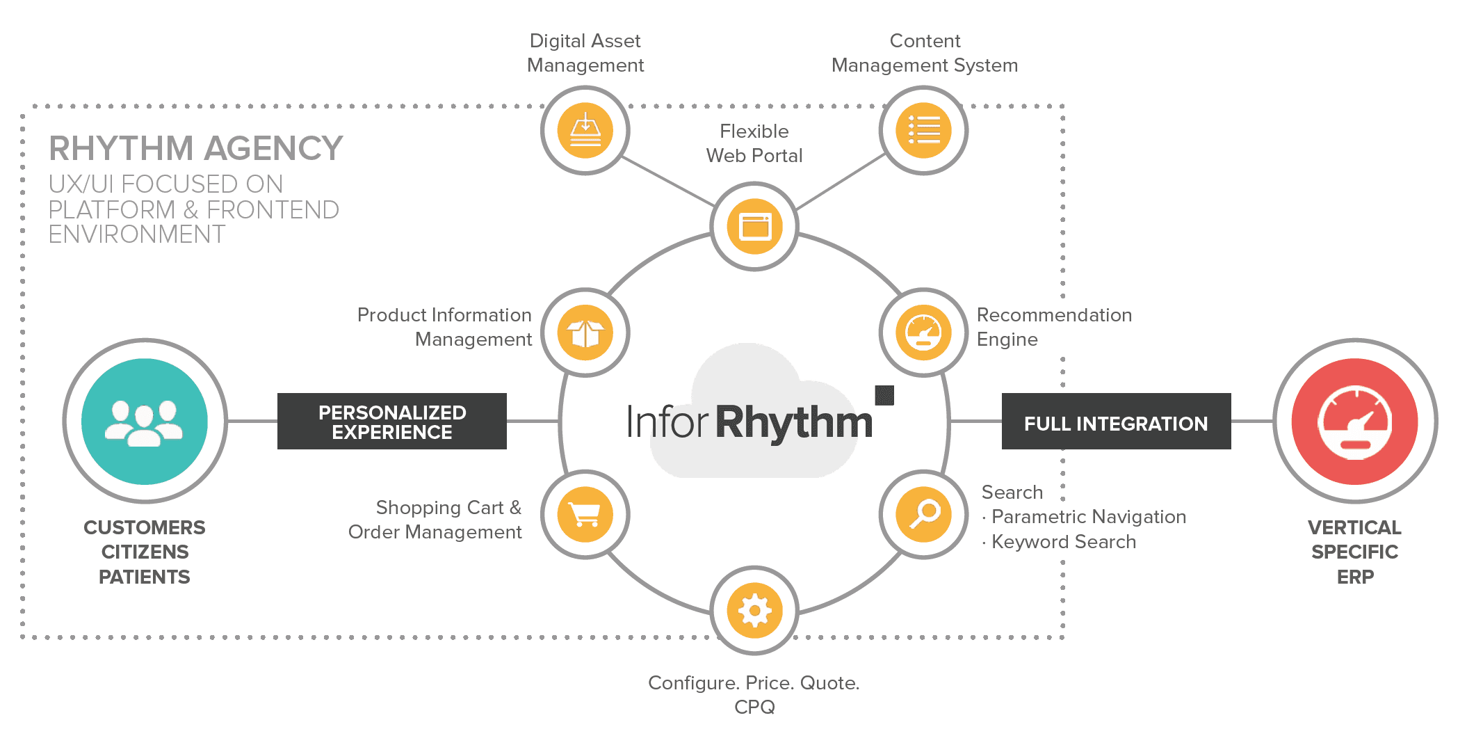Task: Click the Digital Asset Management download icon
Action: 585,130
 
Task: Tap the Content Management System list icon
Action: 923,130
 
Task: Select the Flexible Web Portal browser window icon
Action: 754,226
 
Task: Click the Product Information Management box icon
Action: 585,333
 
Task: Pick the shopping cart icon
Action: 585,514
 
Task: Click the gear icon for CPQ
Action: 754,610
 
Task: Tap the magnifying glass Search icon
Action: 923,514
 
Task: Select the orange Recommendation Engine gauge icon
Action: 923,333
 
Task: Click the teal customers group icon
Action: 145,421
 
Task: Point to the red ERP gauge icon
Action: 1355,421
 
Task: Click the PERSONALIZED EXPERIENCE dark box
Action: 392,421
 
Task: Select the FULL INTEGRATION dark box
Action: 1116,421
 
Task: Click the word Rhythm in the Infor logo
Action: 794,422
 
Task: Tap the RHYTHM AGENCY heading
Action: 196,148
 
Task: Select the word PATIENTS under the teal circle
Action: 145,577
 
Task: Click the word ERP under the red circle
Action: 1355,577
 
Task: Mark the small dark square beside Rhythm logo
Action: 884,395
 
